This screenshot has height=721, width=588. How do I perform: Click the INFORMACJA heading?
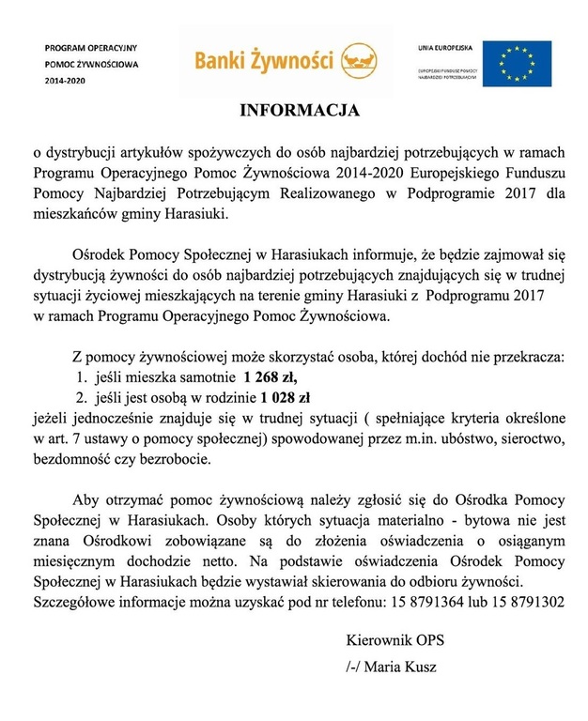tap(294, 111)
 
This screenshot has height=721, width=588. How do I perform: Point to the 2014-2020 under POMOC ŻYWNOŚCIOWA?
tap(62, 81)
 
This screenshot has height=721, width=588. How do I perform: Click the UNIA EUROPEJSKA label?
tap(445, 47)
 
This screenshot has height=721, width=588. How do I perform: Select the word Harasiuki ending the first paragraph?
tap(193, 214)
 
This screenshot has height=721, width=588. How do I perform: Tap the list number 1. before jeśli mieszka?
tap(82, 378)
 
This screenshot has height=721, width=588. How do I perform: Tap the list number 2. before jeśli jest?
tap(82, 398)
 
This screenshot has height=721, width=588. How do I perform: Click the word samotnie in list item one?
tap(194, 378)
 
